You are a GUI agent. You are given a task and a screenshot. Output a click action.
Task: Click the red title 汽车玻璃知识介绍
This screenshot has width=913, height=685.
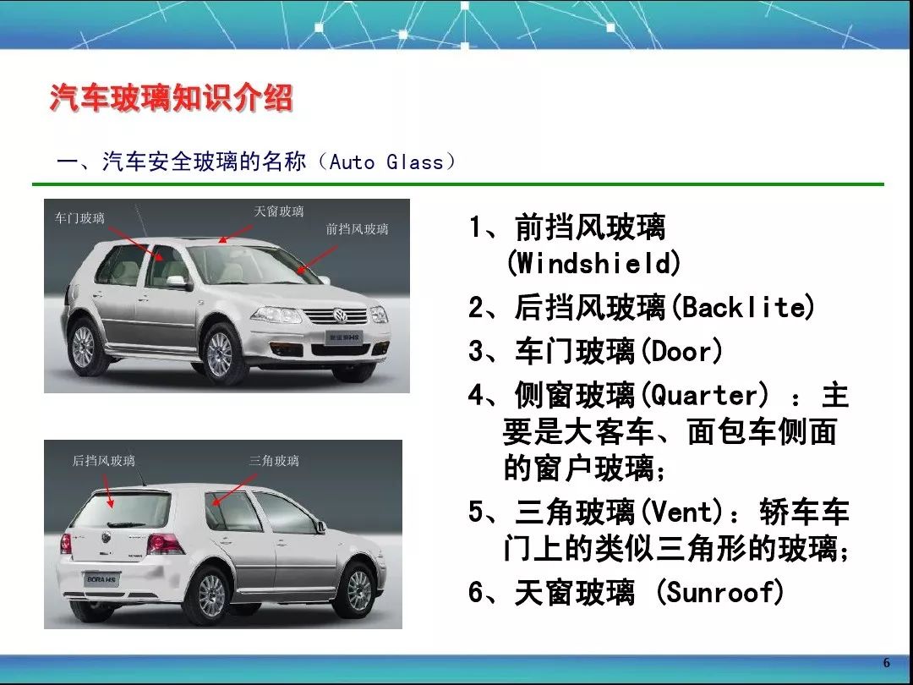(x=171, y=98)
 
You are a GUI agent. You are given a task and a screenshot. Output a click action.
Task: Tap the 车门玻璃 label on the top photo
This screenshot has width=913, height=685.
(x=79, y=218)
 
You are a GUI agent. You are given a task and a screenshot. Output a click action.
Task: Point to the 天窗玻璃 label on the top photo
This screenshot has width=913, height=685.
(x=278, y=211)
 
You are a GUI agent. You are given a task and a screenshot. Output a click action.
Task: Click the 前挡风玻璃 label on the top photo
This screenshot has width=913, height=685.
(x=357, y=228)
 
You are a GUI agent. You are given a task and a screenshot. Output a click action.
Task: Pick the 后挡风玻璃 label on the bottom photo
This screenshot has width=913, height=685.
(x=103, y=461)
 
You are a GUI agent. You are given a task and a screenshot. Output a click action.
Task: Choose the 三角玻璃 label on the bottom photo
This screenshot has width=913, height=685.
(x=274, y=461)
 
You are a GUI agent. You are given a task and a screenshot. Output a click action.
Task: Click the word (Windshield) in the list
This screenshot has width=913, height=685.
(x=593, y=264)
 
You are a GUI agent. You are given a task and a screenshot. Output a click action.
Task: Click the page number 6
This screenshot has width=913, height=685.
(x=887, y=662)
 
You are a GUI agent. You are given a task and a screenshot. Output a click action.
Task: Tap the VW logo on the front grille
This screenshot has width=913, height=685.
(x=341, y=316)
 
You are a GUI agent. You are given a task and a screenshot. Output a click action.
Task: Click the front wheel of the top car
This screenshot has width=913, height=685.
(x=219, y=353)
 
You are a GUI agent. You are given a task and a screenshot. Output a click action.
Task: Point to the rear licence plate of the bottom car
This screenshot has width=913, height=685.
(x=102, y=579)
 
